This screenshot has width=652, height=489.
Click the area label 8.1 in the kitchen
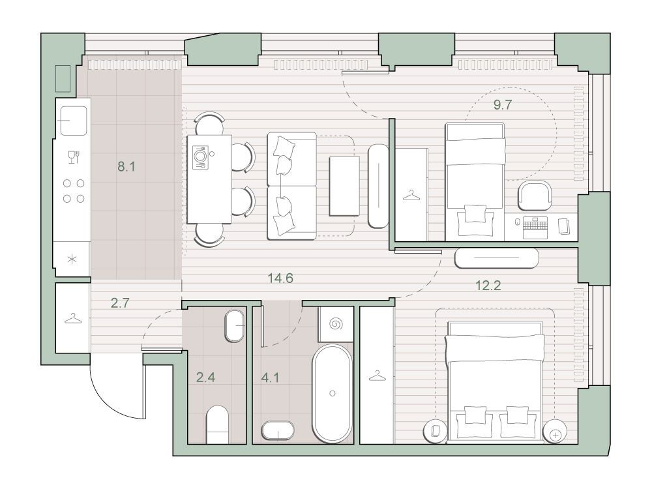point(126,167)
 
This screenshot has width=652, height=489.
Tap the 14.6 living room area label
point(280,278)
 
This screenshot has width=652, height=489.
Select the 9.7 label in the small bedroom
point(502,105)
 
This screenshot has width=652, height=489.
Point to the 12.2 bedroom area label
point(488,286)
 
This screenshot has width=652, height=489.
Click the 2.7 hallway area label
point(120,303)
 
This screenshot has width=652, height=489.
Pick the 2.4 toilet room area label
point(205,378)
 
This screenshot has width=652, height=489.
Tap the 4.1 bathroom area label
point(270,378)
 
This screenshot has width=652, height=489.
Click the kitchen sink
point(74,121)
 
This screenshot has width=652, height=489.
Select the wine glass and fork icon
point(74,156)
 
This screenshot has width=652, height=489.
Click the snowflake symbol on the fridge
point(72,260)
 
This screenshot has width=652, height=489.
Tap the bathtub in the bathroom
point(333,393)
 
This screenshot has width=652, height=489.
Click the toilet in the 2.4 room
point(218,424)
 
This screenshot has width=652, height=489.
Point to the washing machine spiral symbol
point(336,324)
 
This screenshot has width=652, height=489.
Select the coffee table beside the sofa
point(344,186)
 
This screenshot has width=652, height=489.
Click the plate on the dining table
point(200,156)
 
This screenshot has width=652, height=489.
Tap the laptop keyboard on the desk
point(535,228)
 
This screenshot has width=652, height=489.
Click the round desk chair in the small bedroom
point(535,196)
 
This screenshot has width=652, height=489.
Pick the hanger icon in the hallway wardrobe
point(73,319)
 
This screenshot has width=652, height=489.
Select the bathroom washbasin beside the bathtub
point(278,432)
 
